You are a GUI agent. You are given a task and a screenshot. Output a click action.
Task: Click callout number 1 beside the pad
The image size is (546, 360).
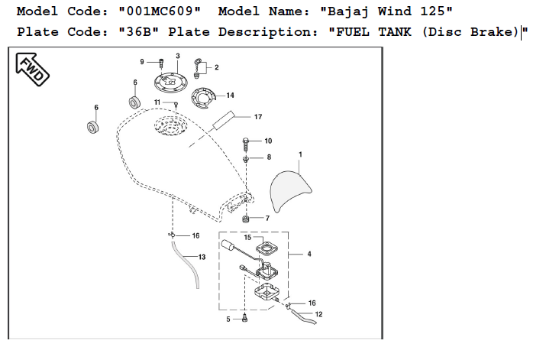[300, 154]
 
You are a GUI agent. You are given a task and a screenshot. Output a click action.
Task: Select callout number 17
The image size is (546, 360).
[257, 117]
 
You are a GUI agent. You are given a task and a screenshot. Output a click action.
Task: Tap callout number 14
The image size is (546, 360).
[230, 96]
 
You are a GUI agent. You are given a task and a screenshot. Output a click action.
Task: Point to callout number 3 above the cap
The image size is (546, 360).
[178, 56]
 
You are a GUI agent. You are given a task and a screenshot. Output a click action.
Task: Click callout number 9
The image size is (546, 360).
[141, 61]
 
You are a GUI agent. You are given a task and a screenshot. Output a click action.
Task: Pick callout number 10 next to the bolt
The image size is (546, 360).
[268, 141]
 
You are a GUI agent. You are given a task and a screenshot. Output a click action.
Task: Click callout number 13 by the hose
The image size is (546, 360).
[202, 258]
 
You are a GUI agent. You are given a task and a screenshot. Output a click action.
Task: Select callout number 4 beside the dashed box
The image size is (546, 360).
[309, 253]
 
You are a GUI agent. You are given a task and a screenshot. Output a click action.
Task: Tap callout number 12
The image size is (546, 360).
[318, 314]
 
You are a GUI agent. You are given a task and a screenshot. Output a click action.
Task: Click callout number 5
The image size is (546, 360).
[228, 319]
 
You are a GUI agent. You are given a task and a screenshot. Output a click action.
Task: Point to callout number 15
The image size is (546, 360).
[247, 238]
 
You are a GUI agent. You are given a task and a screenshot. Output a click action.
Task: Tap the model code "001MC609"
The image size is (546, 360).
[164, 12]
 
